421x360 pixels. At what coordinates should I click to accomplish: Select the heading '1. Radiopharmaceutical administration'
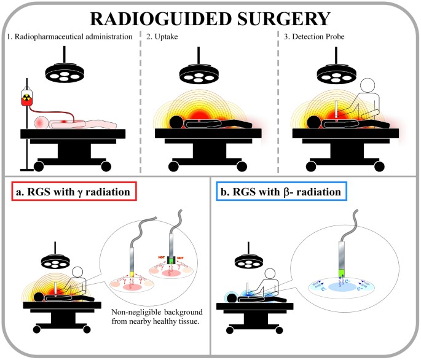[x=69, y=36]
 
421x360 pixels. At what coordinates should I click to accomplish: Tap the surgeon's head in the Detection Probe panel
[x=368, y=85]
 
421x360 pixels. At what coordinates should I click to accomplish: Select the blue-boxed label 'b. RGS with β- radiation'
[x=281, y=193]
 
